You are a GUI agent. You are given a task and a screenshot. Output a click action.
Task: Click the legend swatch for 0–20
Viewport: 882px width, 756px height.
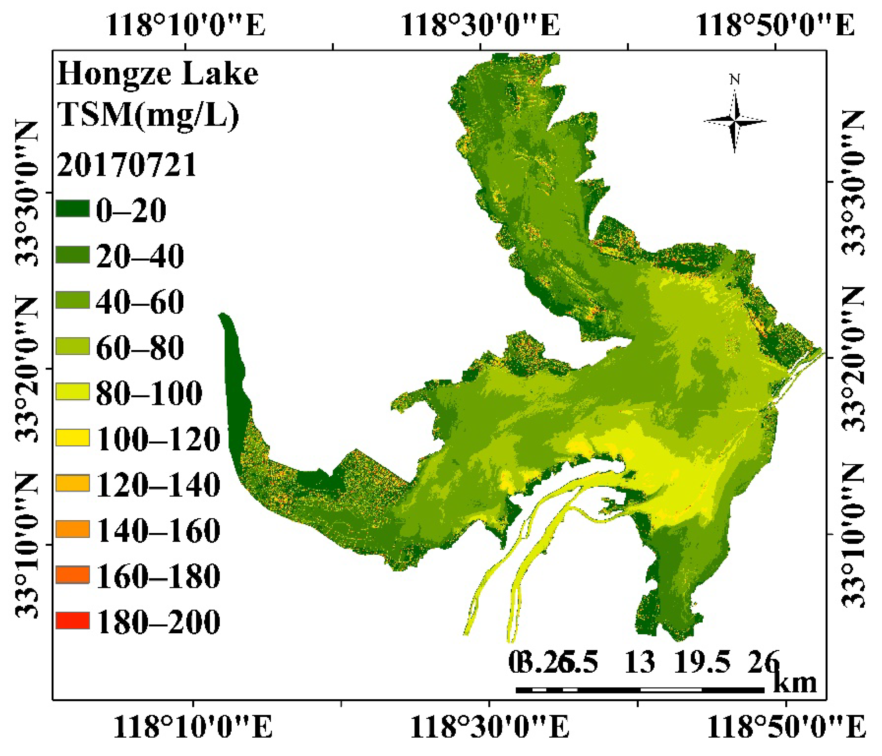pos(73,209)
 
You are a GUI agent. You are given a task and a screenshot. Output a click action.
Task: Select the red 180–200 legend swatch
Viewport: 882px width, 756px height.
pos(73,620)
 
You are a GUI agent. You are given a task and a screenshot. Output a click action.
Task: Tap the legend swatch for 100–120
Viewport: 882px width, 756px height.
pos(73,437)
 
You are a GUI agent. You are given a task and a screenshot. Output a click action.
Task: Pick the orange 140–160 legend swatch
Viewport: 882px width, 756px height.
pos(73,529)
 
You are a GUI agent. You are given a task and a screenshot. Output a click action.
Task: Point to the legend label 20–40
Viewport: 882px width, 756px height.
pos(140,256)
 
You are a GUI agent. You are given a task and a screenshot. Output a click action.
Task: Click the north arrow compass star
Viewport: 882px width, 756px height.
pos(735,121)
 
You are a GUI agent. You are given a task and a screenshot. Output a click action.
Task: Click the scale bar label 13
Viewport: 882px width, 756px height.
pos(639,663)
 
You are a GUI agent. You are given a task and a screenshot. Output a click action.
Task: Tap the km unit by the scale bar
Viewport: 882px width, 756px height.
pos(795,682)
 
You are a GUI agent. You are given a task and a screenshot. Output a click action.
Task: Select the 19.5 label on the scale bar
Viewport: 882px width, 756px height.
pos(702,663)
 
